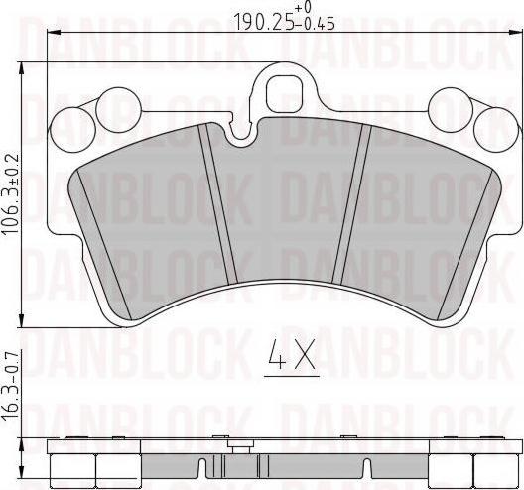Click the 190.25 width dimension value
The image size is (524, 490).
click(x=260, y=20)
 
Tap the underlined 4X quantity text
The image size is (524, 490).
click(x=292, y=355)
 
